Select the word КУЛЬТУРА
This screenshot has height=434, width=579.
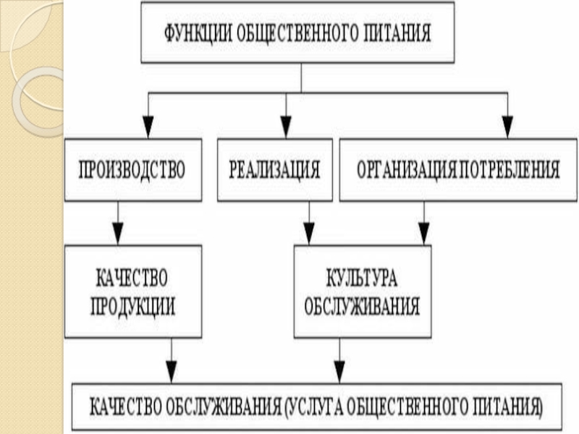362,278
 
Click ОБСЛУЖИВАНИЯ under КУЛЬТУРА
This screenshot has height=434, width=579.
362,306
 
